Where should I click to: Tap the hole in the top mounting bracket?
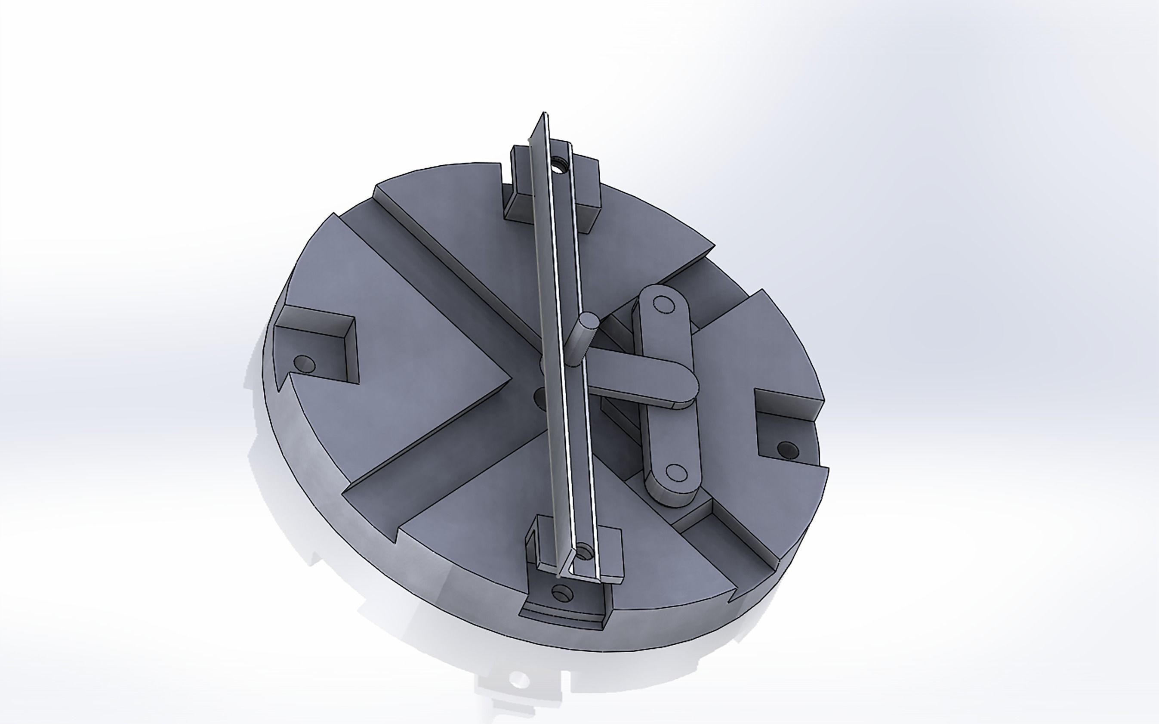coord(558,166)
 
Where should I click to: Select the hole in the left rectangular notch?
coord(304,364)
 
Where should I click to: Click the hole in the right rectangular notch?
coord(787,449)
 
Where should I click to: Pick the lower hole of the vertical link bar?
coord(676,472)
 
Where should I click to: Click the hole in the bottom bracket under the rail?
coord(583,552)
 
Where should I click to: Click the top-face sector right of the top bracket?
coord(646,225)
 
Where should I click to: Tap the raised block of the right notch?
coord(789,402)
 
